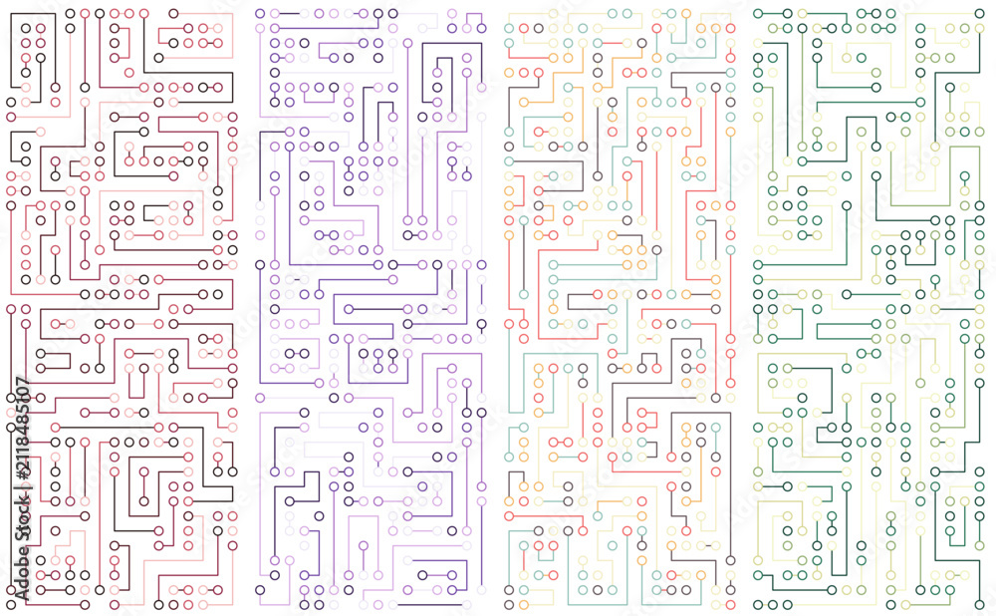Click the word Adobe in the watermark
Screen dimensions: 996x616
tap(22, 571)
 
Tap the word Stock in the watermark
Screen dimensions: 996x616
tap(22, 517)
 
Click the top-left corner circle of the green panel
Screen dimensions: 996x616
tap(758, 13)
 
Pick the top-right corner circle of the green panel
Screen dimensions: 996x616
tap(979, 13)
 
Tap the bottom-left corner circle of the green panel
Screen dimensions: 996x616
tap(758, 605)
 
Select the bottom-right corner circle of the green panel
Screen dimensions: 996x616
tap(979, 605)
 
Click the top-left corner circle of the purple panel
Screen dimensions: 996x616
tap(260, 13)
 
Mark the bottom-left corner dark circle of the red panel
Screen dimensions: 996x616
tap(11, 605)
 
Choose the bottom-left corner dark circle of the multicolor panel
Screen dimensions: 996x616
tap(509, 590)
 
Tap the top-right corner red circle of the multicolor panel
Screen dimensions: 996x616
tap(730, 28)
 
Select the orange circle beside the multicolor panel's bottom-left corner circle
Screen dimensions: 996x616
tap(524, 605)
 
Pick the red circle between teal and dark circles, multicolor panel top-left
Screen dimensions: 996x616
tap(524, 28)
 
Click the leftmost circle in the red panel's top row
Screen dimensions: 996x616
tap(70, 13)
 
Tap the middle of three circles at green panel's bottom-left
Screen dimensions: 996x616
tap(773, 605)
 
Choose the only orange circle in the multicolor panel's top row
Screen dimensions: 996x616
tap(686, 13)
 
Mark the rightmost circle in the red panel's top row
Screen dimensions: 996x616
tap(173, 13)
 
